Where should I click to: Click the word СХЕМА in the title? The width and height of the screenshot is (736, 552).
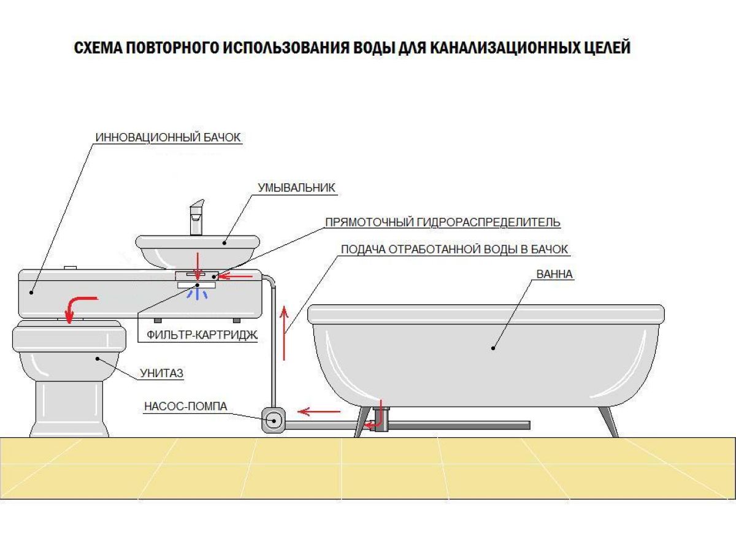98,48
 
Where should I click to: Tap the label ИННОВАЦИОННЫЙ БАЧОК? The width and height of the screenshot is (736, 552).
168,137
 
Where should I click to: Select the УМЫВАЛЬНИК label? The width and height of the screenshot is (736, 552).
296,188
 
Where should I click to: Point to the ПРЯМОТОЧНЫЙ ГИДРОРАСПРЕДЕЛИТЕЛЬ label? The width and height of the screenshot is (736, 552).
443,222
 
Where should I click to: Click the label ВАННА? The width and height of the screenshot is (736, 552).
554,274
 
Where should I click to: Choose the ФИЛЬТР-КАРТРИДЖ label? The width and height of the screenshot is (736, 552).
202,334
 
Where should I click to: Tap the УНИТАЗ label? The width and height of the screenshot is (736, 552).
162,373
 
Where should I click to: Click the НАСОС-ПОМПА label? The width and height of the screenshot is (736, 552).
186,406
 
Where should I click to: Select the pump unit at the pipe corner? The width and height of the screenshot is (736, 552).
274,420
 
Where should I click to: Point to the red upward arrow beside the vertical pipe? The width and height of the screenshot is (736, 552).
284,333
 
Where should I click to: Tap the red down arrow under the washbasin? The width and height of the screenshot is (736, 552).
198,266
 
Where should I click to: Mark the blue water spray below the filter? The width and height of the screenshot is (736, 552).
198,294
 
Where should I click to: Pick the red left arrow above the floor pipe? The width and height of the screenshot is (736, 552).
319,411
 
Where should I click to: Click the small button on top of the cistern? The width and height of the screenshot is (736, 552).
70,268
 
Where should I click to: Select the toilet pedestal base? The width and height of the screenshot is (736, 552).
70,409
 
